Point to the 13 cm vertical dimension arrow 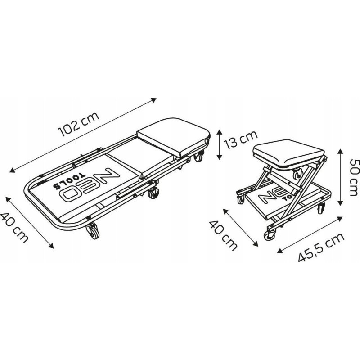(x=219, y=144)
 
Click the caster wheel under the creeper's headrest (x=198, y=158)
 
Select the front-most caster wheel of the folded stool (x=271, y=234)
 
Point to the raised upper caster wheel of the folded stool (x=298, y=173)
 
